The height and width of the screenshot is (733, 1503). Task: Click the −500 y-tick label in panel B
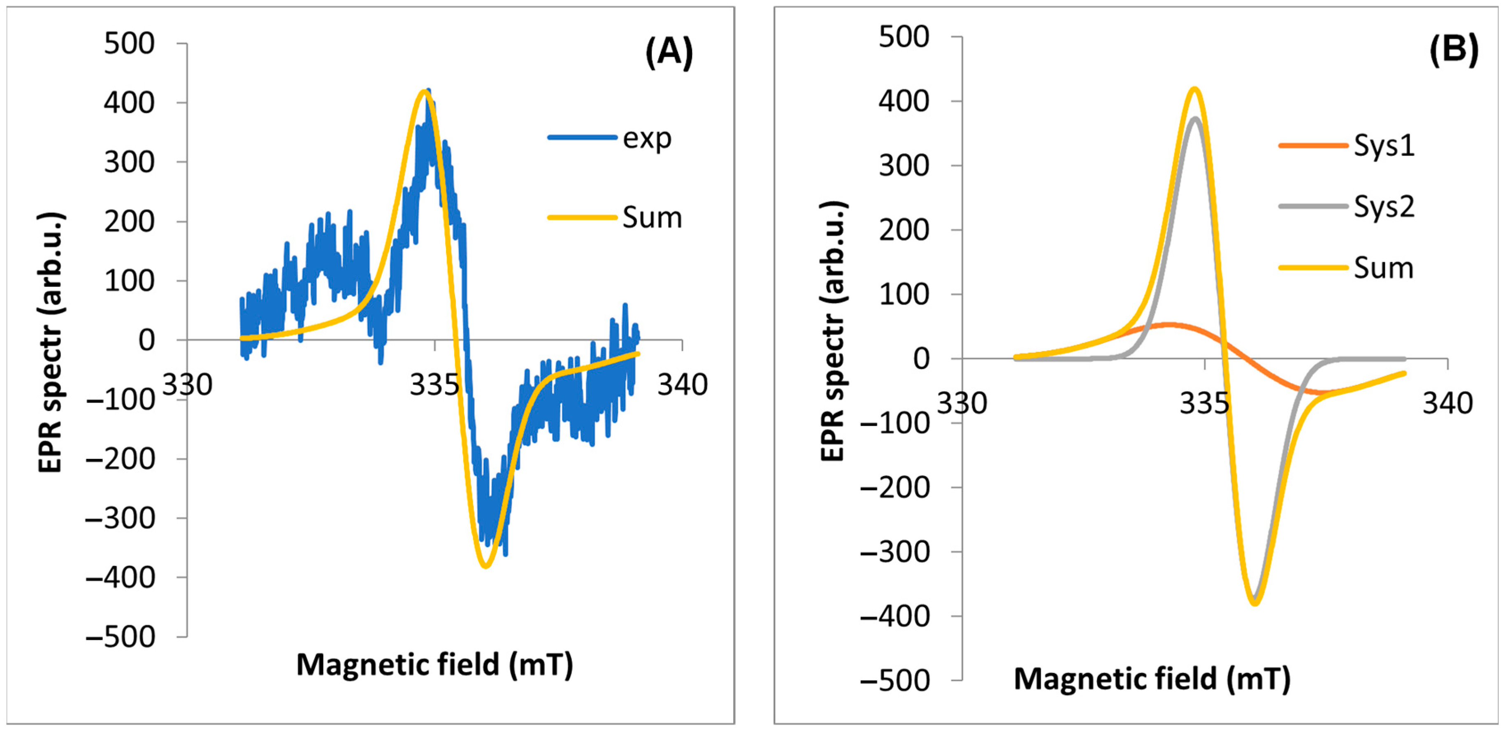click(x=895, y=680)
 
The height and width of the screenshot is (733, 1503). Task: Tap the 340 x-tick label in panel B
click(x=1447, y=403)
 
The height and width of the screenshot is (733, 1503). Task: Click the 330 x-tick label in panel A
click(x=187, y=384)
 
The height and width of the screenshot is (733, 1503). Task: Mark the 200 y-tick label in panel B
click(x=904, y=230)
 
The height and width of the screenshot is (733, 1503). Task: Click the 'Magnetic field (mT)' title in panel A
click(x=434, y=664)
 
